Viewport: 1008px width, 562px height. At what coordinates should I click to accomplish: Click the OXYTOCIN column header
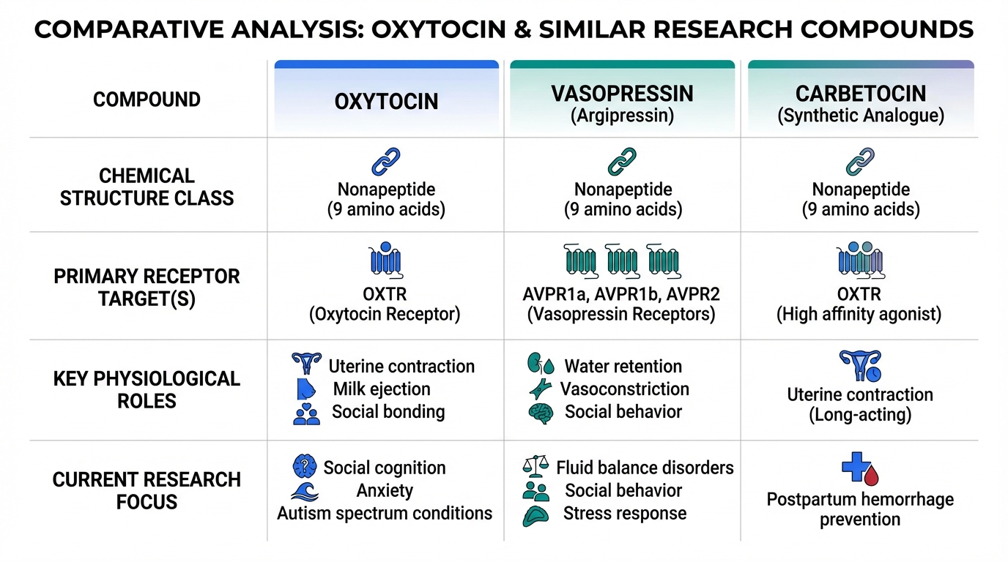pyautogui.click(x=386, y=101)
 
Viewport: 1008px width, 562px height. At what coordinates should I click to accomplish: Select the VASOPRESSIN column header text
pyautogui.click(x=623, y=94)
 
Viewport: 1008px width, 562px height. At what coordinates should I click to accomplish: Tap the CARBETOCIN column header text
pyautogui.click(x=861, y=94)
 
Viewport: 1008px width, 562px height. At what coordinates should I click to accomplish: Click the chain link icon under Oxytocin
pyautogui.click(x=386, y=162)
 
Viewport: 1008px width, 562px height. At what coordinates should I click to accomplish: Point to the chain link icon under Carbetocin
pyautogui.click(x=861, y=162)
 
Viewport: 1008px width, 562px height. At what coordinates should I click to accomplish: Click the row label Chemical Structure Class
pyautogui.click(x=147, y=187)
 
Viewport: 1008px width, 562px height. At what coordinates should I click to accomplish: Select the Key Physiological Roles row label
pyautogui.click(x=147, y=390)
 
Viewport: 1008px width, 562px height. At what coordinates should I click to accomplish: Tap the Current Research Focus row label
pyautogui.click(x=147, y=490)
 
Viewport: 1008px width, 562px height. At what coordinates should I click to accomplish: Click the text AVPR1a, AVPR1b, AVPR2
pyautogui.click(x=621, y=294)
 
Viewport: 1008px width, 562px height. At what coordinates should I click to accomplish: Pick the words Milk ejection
pyautogui.click(x=382, y=389)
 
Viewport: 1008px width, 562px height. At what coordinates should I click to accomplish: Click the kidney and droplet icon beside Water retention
pyautogui.click(x=541, y=364)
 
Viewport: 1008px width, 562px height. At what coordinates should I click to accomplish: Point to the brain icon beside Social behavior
pyautogui.click(x=541, y=413)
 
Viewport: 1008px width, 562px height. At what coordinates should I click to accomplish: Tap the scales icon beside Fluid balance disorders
pyautogui.click(x=535, y=467)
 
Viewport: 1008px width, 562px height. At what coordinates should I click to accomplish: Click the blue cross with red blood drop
pyautogui.click(x=860, y=469)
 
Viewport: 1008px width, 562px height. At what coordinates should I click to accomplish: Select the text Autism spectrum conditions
pyautogui.click(x=385, y=513)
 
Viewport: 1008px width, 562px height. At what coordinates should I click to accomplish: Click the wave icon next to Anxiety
pyautogui.click(x=305, y=492)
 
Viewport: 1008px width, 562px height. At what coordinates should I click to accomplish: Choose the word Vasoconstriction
pyautogui.click(x=625, y=389)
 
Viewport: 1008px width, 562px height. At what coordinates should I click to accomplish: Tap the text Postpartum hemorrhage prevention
pyautogui.click(x=860, y=509)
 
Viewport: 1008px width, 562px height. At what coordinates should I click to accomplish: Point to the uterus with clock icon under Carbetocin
pyautogui.click(x=860, y=366)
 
